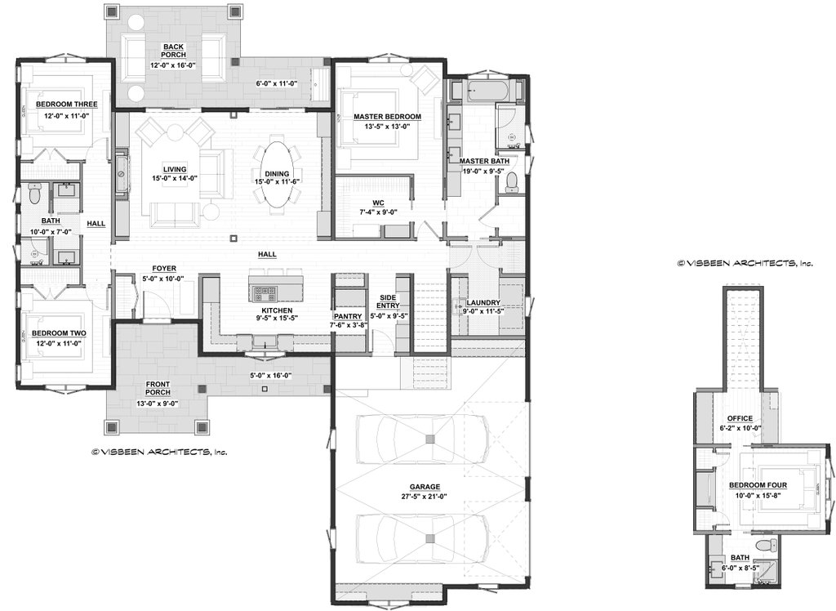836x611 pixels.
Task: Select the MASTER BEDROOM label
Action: pyautogui.click(x=387, y=117)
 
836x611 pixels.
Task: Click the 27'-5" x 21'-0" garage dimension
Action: pyautogui.click(x=420, y=496)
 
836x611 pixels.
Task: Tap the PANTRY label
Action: pyautogui.click(x=349, y=315)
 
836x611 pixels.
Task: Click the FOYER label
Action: pyautogui.click(x=164, y=269)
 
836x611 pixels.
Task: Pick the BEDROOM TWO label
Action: pyautogui.click(x=59, y=333)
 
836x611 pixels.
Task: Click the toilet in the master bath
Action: pyautogui.click(x=513, y=186)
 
